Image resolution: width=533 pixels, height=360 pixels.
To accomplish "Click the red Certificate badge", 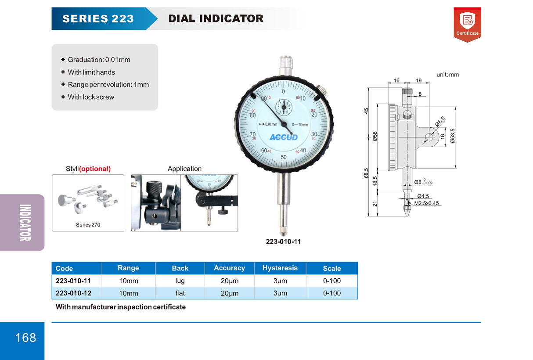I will [467, 24].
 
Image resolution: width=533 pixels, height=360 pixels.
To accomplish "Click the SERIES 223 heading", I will [98, 18].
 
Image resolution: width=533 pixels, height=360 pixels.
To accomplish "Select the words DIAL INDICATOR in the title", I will [216, 18].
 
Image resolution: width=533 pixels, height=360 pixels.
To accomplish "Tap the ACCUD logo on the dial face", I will [283, 137].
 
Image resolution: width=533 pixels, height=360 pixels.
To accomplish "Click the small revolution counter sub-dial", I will [284, 107].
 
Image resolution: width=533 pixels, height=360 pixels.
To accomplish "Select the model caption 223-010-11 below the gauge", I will [283, 242].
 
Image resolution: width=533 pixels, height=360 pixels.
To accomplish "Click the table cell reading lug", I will [180, 281].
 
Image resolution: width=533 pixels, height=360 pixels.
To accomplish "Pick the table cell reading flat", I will [180, 293].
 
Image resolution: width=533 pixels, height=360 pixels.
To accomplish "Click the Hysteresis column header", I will [280, 268].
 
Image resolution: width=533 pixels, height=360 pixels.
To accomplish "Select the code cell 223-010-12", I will [73, 293].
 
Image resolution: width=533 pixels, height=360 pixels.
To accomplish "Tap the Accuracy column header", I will [229, 268].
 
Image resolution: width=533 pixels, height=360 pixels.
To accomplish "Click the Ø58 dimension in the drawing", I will [375, 136].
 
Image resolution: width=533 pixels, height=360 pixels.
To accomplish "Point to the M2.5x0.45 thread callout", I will [426, 203].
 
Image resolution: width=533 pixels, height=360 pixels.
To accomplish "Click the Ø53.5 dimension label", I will [452, 136].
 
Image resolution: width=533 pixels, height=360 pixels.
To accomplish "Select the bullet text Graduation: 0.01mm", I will [99, 60].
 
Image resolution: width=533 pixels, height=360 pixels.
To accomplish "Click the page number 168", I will [26, 338].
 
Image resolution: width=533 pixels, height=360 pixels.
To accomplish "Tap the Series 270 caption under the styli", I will [88, 225].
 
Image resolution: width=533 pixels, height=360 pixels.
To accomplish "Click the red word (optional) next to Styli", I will [95, 169].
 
